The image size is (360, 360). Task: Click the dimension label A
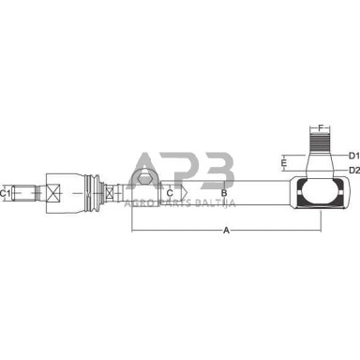[x=226, y=231]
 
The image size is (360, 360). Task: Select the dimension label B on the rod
[x=224, y=193]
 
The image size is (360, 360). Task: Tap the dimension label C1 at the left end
[x=5, y=193]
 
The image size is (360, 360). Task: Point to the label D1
[x=354, y=155]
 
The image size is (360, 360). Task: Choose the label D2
[x=354, y=170]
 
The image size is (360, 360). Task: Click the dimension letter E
[x=283, y=163]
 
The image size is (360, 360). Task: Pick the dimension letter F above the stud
[x=320, y=127]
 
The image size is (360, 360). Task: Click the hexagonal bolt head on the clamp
[x=144, y=179]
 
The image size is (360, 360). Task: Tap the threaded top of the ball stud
[x=320, y=142]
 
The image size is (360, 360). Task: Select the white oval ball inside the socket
[x=320, y=193]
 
